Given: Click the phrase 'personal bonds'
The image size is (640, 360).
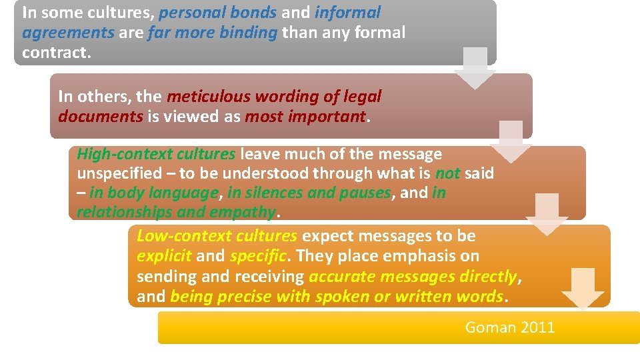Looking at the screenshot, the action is coord(217,13).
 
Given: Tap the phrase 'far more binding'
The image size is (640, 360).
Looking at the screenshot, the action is coord(212,33).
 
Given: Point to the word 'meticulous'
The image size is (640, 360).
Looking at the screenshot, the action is coord(207,97).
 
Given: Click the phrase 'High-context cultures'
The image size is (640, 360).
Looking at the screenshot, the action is coord(156,154).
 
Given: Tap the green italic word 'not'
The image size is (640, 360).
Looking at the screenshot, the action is coord(447,173).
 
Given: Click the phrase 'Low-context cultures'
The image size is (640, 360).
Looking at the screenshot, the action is coord(217,236).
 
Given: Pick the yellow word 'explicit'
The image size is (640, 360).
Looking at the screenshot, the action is coord(164,256).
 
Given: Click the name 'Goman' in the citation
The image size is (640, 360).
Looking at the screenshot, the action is coord(490,327).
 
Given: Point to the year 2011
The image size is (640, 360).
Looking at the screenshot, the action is coord(537,327).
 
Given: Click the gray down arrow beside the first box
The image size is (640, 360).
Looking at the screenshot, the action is coord(475,67).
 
